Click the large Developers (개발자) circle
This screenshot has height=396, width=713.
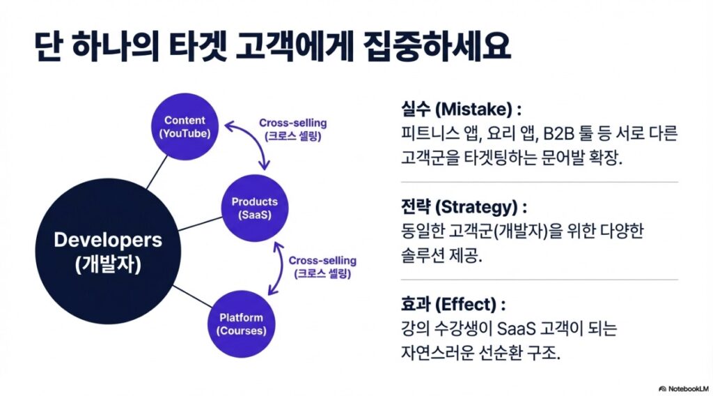[x=108, y=251]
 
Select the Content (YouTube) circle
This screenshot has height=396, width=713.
[x=185, y=126]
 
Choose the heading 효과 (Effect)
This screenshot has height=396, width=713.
[x=453, y=305]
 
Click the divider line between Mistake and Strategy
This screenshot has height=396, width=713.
[x=540, y=182]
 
